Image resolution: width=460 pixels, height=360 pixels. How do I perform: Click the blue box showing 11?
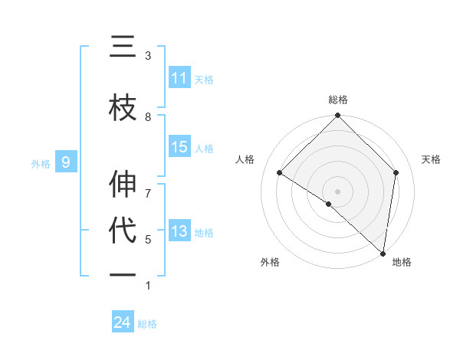coord(179,78)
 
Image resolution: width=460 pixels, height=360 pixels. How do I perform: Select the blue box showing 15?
coord(179,147)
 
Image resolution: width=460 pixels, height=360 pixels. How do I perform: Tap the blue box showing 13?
coord(179,231)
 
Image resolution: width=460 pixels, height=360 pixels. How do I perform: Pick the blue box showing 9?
coord(66,162)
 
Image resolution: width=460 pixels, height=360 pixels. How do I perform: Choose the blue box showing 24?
coord(123,322)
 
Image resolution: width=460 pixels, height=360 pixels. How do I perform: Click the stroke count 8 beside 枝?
coord(148,116)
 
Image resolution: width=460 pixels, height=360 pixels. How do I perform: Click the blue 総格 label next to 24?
coord(147,324)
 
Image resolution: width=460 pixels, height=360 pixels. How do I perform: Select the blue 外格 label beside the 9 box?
coord(41,163)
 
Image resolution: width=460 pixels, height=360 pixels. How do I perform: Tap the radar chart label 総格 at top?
coord(338,100)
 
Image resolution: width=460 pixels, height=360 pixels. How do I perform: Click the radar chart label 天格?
coord(432,159)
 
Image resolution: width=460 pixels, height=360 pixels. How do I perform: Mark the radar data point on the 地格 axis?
coord(383,254)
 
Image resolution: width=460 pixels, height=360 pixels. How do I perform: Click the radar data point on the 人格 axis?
coord(280,172)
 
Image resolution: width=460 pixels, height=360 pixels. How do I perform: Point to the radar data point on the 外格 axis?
coord(328,204)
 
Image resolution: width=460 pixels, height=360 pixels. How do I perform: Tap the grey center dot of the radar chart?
coord(337,191)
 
